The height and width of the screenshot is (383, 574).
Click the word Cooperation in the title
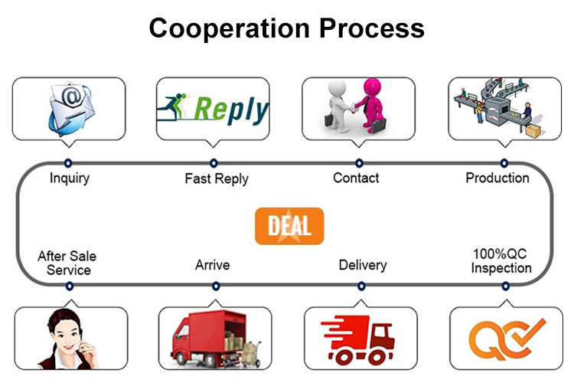pos(222,28)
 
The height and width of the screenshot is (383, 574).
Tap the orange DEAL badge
pos(289,226)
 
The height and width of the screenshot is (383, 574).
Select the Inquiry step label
pos(70,178)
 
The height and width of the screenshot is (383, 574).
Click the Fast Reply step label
pos(217,179)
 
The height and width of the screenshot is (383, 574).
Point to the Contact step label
pos(356,178)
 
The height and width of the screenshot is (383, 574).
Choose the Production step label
pos(497,178)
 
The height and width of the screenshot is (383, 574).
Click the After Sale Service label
pos(67,263)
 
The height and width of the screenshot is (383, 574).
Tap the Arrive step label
pos(213,266)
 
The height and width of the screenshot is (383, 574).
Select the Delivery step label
pos(363,266)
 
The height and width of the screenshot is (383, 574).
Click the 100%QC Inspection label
pos(501,260)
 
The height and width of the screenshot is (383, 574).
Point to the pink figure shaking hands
pos(373,105)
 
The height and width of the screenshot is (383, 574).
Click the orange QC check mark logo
pos(507,338)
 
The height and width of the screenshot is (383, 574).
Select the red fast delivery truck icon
pos(360,338)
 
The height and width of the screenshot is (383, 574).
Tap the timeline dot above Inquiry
pos(68,162)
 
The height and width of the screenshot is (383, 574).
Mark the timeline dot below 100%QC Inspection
pos(505,286)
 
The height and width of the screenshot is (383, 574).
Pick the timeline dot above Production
pos(504,162)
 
